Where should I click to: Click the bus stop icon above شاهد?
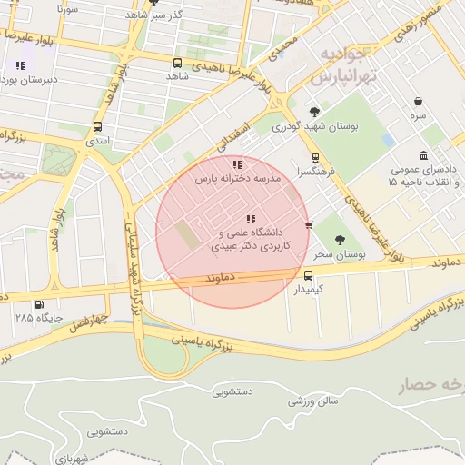[x=177, y=64]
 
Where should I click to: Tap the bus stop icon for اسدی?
[x=97, y=127]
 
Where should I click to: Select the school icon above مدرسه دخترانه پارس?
[x=237, y=165]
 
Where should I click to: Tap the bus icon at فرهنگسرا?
[x=314, y=158]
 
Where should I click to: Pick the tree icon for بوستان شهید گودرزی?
[x=314, y=113]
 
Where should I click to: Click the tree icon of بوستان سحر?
[x=340, y=241]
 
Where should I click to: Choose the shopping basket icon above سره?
[x=418, y=102]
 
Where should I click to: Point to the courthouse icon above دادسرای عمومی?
[x=423, y=155]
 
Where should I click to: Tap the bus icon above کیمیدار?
[x=309, y=274]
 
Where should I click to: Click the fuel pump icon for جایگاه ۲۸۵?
[x=38, y=305]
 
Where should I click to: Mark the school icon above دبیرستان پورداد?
[x=20, y=65]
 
